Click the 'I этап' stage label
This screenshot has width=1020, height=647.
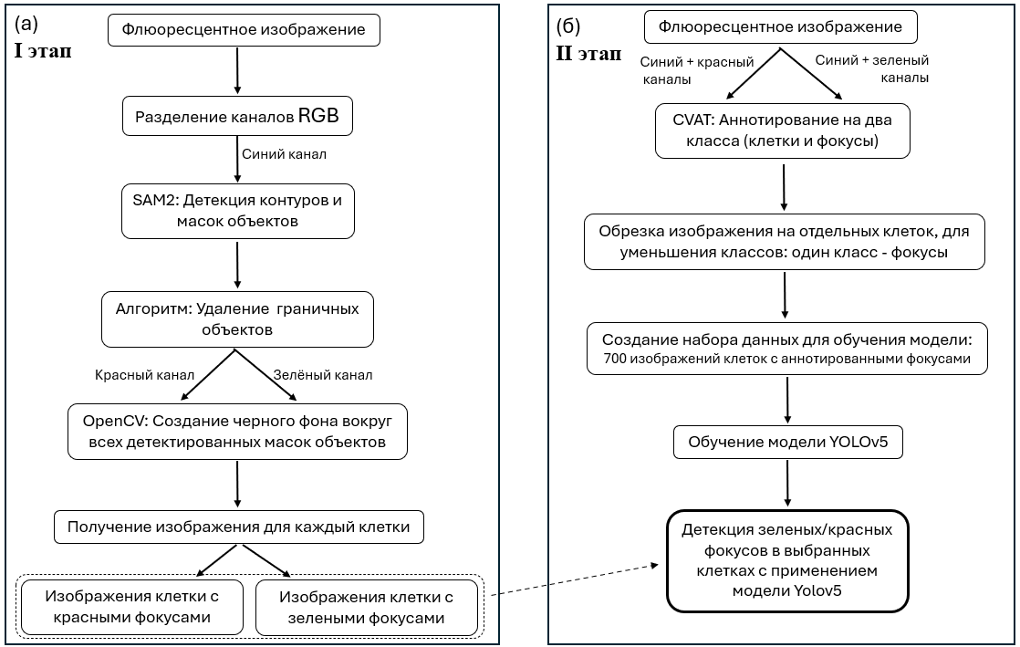coord(43,51)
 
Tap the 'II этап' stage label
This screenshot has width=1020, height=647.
coord(588,53)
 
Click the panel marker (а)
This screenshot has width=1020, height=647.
coord(26,24)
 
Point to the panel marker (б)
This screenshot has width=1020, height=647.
coord(567,26)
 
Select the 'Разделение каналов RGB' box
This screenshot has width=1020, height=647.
coord(237,116)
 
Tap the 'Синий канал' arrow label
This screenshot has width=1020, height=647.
coord(285,154)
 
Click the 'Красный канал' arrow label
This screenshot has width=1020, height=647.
coord(144,375)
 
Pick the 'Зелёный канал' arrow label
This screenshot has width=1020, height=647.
coord(323,375)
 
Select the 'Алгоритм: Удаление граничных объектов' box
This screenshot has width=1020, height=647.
coord(237,319)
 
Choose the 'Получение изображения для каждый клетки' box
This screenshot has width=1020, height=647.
coord(239,527)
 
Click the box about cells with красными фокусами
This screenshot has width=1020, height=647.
coord(132,607)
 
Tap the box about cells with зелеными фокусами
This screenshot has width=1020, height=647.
coord(366,607)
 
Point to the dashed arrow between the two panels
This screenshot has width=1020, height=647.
coord(575,579)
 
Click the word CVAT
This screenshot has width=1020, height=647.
coord(692,120)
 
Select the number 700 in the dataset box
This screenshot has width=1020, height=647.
coord(615,359)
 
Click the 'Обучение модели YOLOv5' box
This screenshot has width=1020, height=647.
coord(787,442)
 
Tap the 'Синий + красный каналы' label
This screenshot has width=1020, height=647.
coord(697,70)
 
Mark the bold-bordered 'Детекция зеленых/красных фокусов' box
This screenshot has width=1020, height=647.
coord(787,561)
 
